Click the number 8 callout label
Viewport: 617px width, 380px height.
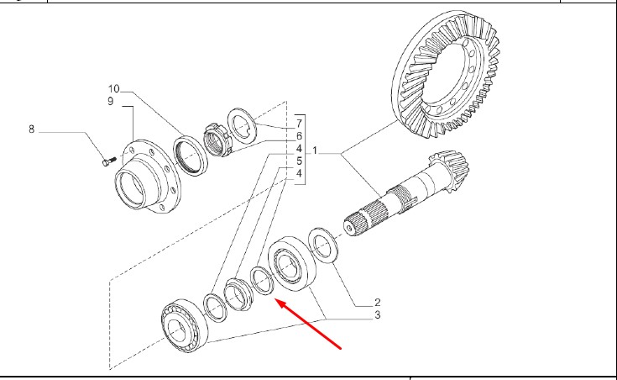point(32,129)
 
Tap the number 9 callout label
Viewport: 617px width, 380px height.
point(109,102)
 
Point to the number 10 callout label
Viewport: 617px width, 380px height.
point(113,88)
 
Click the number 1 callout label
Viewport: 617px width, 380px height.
point(316,150)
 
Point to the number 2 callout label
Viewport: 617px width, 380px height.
point(378,302)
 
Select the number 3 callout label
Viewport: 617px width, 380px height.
point(378,315)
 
